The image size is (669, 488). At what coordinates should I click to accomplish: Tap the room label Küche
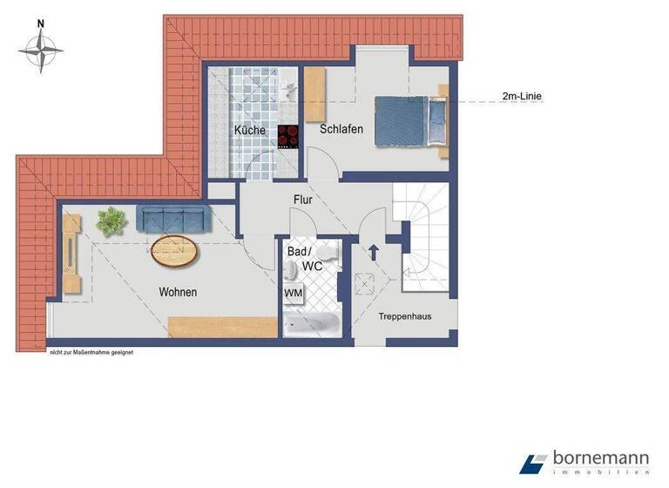coord(249,130)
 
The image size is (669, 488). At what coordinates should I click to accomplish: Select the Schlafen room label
coord(341,129)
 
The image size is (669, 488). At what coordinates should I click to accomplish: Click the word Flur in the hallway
coord(302,199)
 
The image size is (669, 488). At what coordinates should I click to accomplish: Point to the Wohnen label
coord(177,292)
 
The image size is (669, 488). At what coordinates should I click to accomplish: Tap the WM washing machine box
coord(294,294)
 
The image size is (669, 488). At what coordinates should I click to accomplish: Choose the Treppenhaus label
coord(404,316)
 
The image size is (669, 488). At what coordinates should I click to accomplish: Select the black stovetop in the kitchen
coord(288,138)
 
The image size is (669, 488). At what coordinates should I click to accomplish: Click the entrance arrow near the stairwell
coord(374,253)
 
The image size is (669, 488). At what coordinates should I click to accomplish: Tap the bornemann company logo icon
coord(532,464)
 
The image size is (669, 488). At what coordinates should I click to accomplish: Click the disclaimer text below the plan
coord(90,352)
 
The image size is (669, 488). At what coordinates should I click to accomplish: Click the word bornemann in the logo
coord(600,458)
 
